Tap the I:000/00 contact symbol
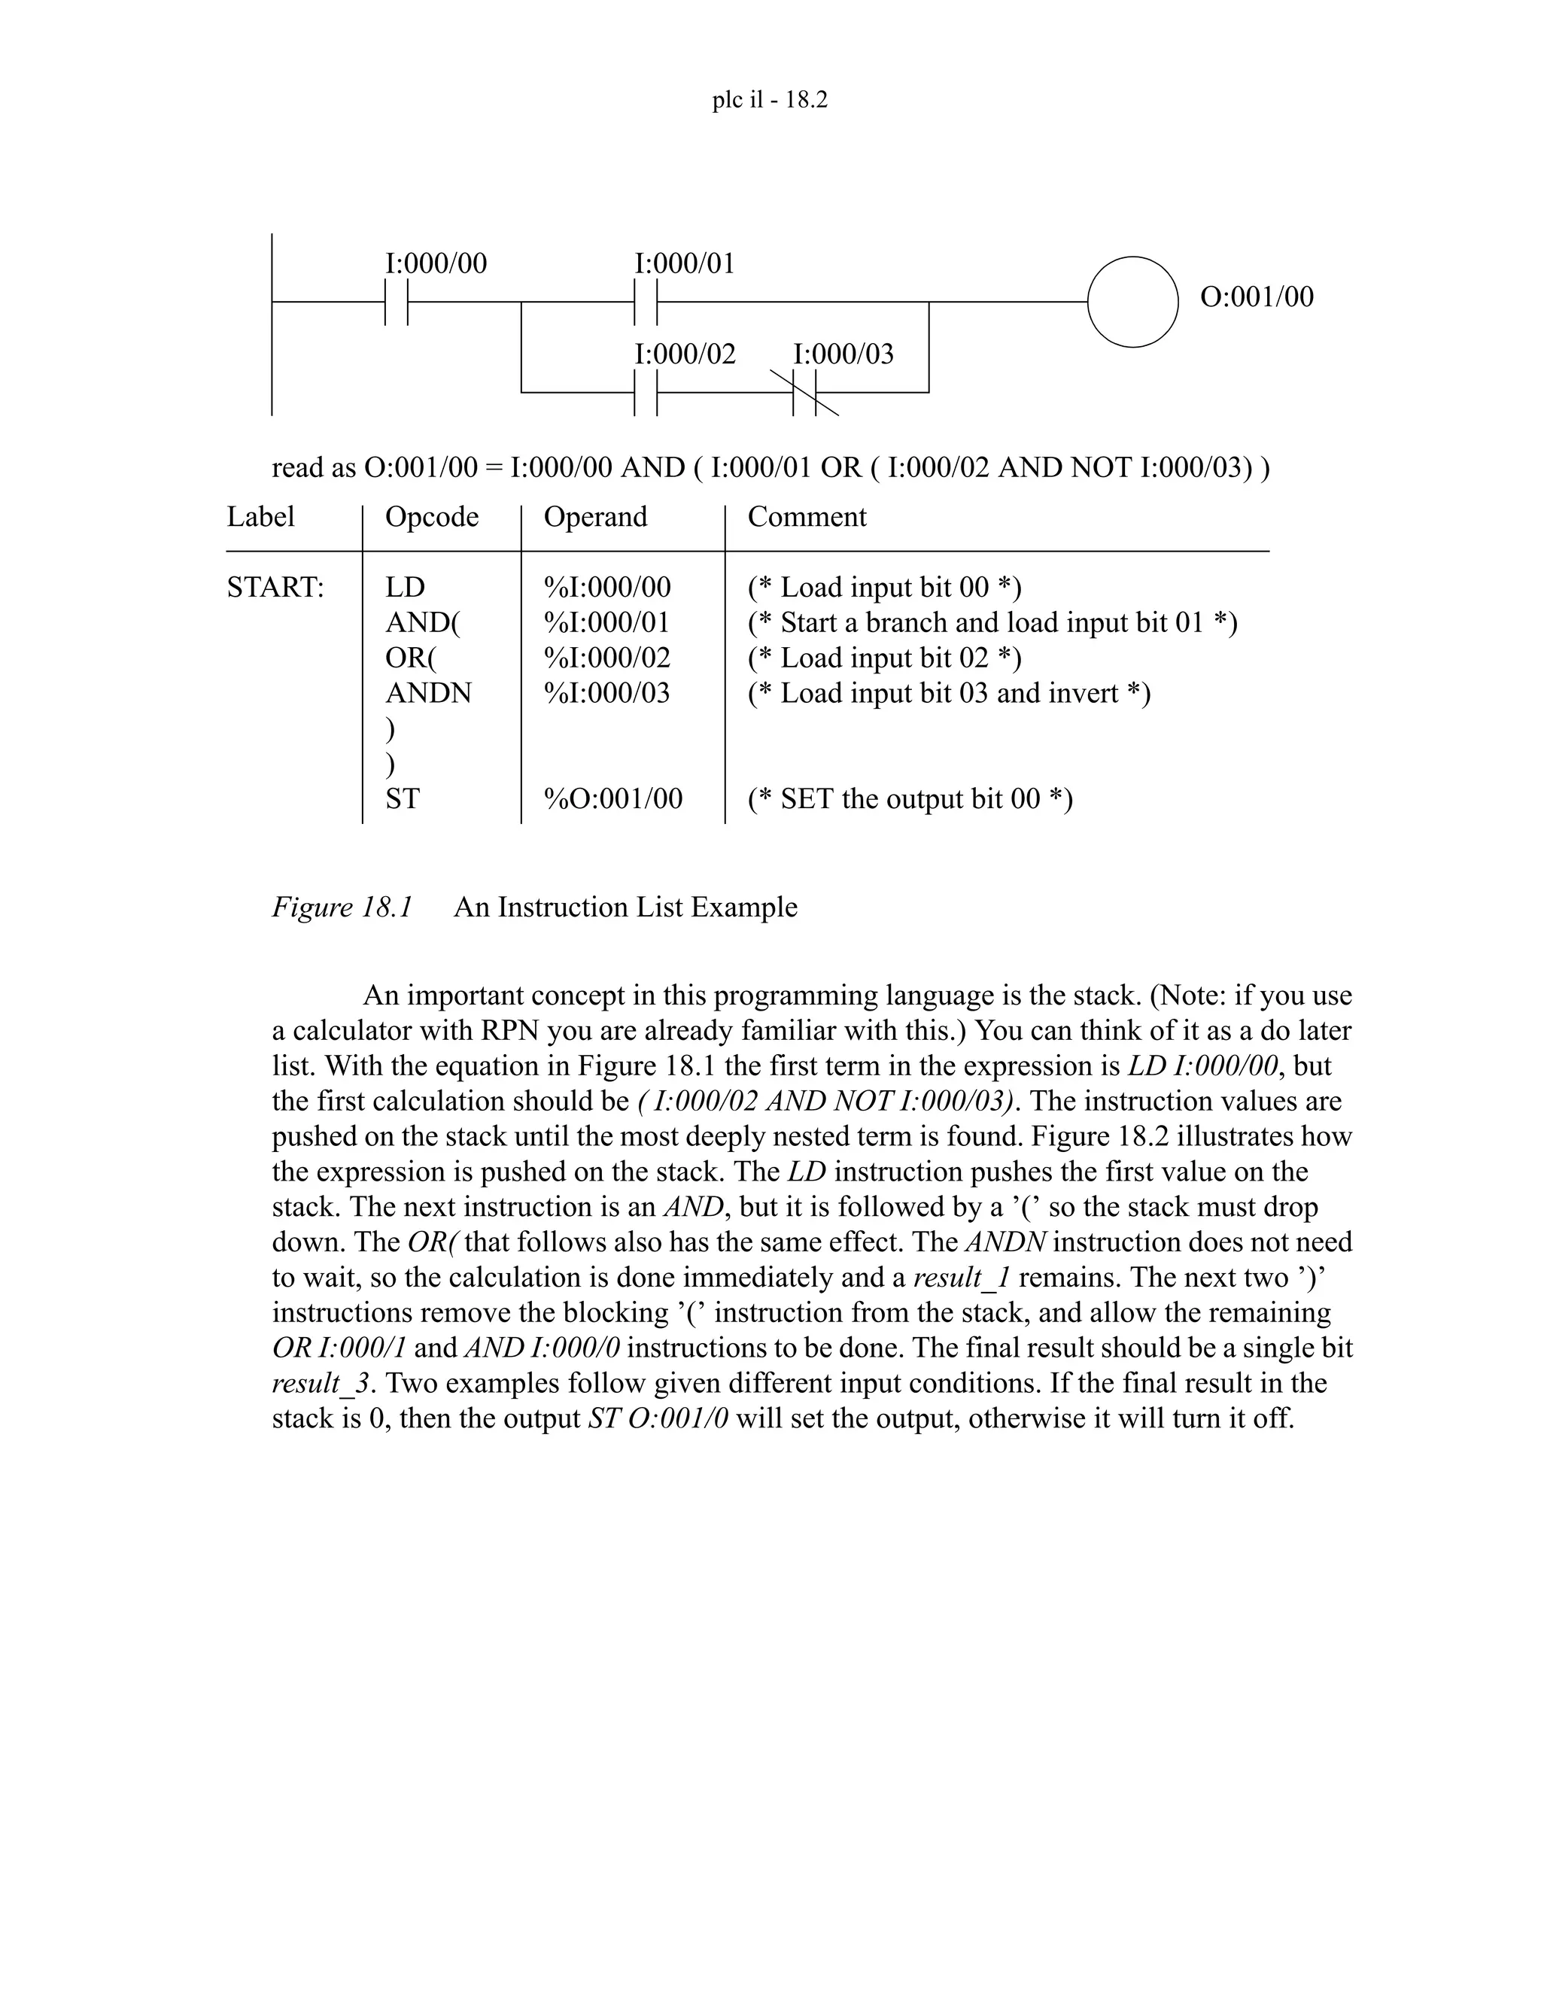tap(395, 301)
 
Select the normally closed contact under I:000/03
tap(804, 393)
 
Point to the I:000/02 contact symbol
tap(646, 393)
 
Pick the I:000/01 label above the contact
tap(684, 264)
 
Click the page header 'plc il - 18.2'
tap(770, 99)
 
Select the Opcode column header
tap(432, 517)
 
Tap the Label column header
tap(260, 517)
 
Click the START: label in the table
tap(275, 587)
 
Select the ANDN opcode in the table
tap(428, 693)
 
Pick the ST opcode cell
tap(402, 799)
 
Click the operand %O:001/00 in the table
tap(612, 799)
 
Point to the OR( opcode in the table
tap(411, 658)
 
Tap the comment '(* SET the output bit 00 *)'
tap(910, 799)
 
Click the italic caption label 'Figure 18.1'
tap(342, 907)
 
